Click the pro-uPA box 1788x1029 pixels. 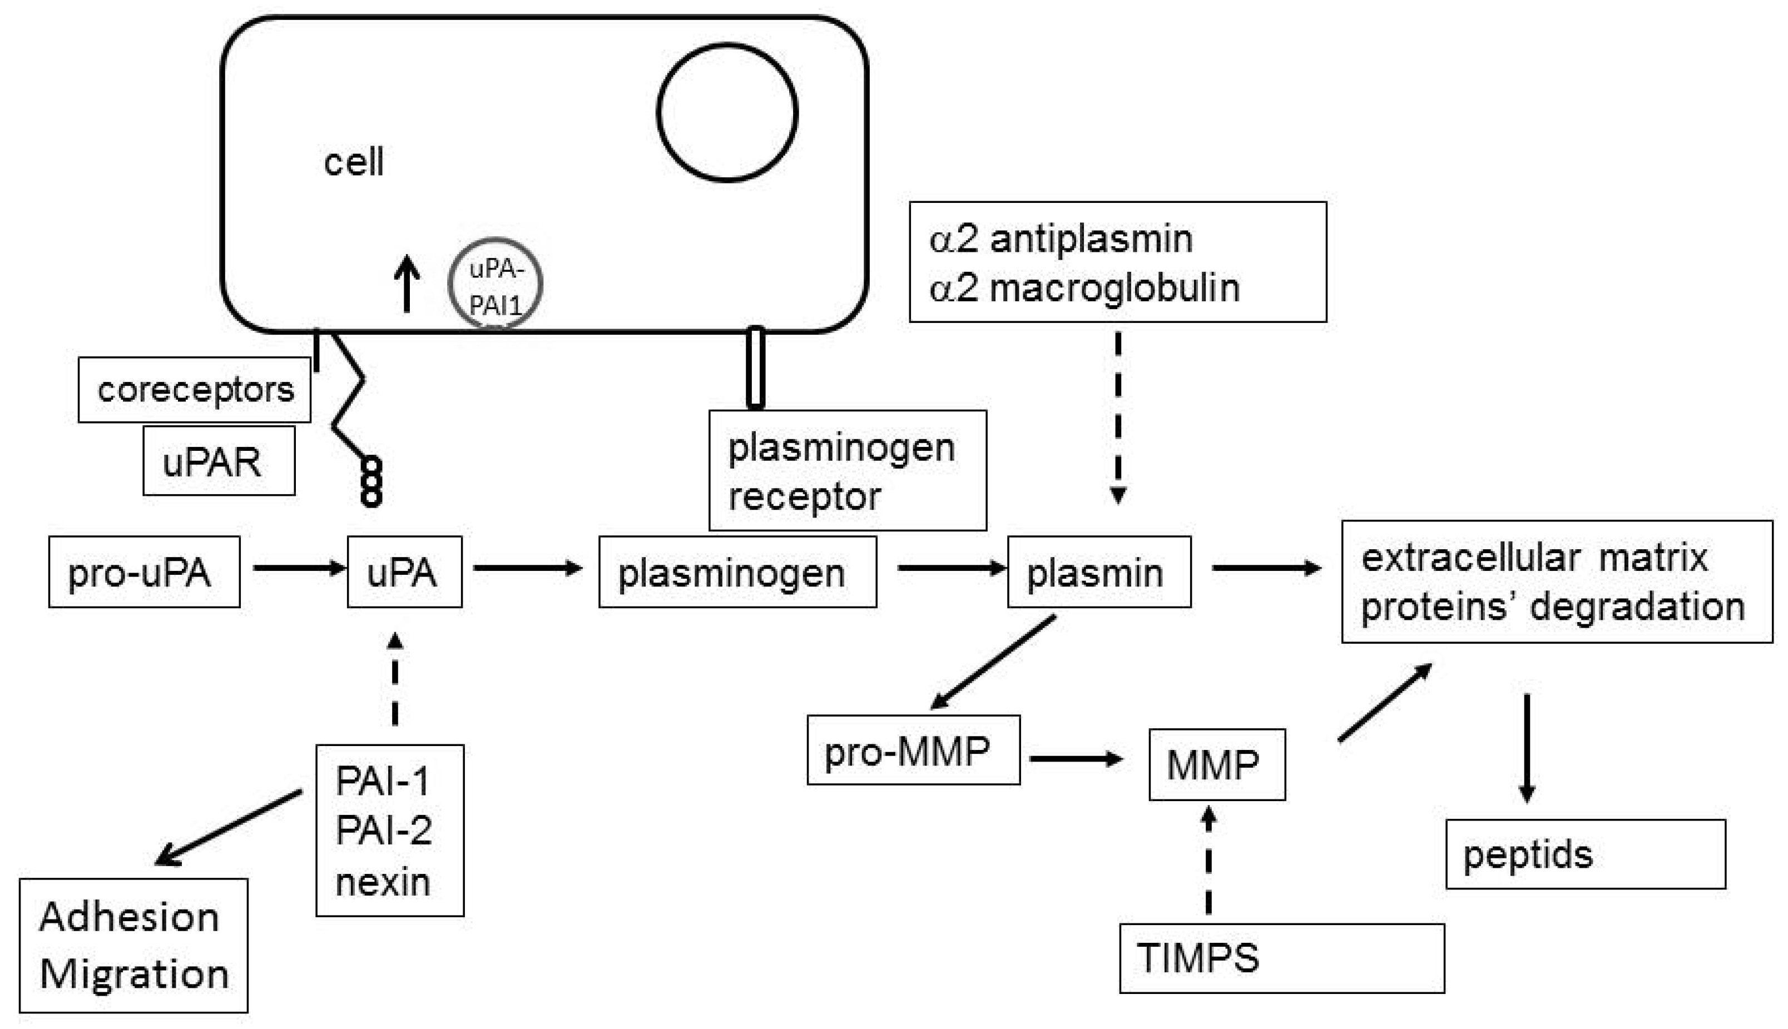[144, 571]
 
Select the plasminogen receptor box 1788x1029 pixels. [848, 470]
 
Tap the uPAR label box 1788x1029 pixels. [219, 461]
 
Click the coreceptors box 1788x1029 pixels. [195, 389]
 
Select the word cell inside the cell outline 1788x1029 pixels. [354, 162]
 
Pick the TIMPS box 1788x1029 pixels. [1282, 958]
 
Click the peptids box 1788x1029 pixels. [1586, 854]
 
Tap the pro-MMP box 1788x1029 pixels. [913, 750]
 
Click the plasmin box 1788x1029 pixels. [1099, 571]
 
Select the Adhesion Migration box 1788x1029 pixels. [133, 946]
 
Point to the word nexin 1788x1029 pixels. [383, 882]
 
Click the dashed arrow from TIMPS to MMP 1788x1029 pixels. [1208, 860]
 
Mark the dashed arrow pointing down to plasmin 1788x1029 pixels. [1118, 417]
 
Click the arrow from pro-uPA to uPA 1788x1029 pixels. [299, 568]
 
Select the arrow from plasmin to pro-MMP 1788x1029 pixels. [993, 662]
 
